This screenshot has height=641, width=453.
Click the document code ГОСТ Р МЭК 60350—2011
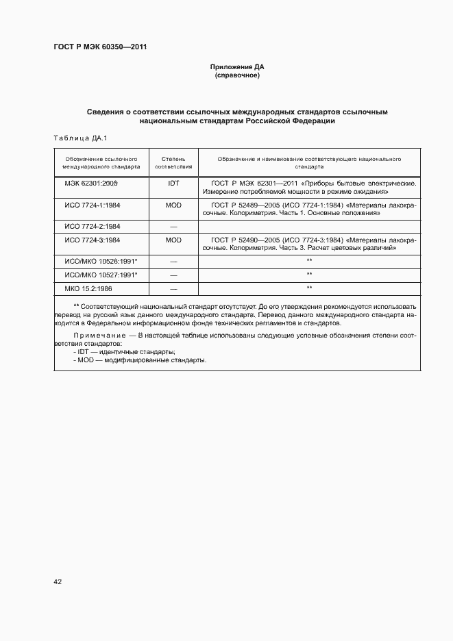pyautogui.click(x=100, y=47)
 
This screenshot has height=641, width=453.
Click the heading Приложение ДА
pyautogui.click(x=236, y=67)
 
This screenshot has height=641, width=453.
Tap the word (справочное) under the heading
pyautogui.click(x=236, y=75)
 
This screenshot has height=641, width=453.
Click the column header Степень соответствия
pyautogui.click(x=173, y=162)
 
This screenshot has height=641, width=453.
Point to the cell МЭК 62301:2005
pyautogui.click(x=92, y=184)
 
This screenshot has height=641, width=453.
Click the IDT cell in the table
pyautogui.click(x=173, y=184)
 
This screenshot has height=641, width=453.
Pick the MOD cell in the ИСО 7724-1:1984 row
pyautogui.click(x=173, y=205)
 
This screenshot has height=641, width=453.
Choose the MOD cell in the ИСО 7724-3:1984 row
pyautogui.click(x=173, y=240)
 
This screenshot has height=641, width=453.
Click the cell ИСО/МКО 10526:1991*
pyautogui.click(x=101, y=261)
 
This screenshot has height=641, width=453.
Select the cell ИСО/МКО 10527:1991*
pyautogui.click(x=101, y=275)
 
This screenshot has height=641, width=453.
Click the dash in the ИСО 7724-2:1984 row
pyautogui.click(x=173, y=226)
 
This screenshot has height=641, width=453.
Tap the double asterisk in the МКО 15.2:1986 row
pyautogui.click(x=309, y=288)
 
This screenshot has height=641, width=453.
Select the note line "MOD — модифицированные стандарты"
pyautogui.click(x=141, y=360)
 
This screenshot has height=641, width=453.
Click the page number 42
pyautogui.click(x=58, y=582)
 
